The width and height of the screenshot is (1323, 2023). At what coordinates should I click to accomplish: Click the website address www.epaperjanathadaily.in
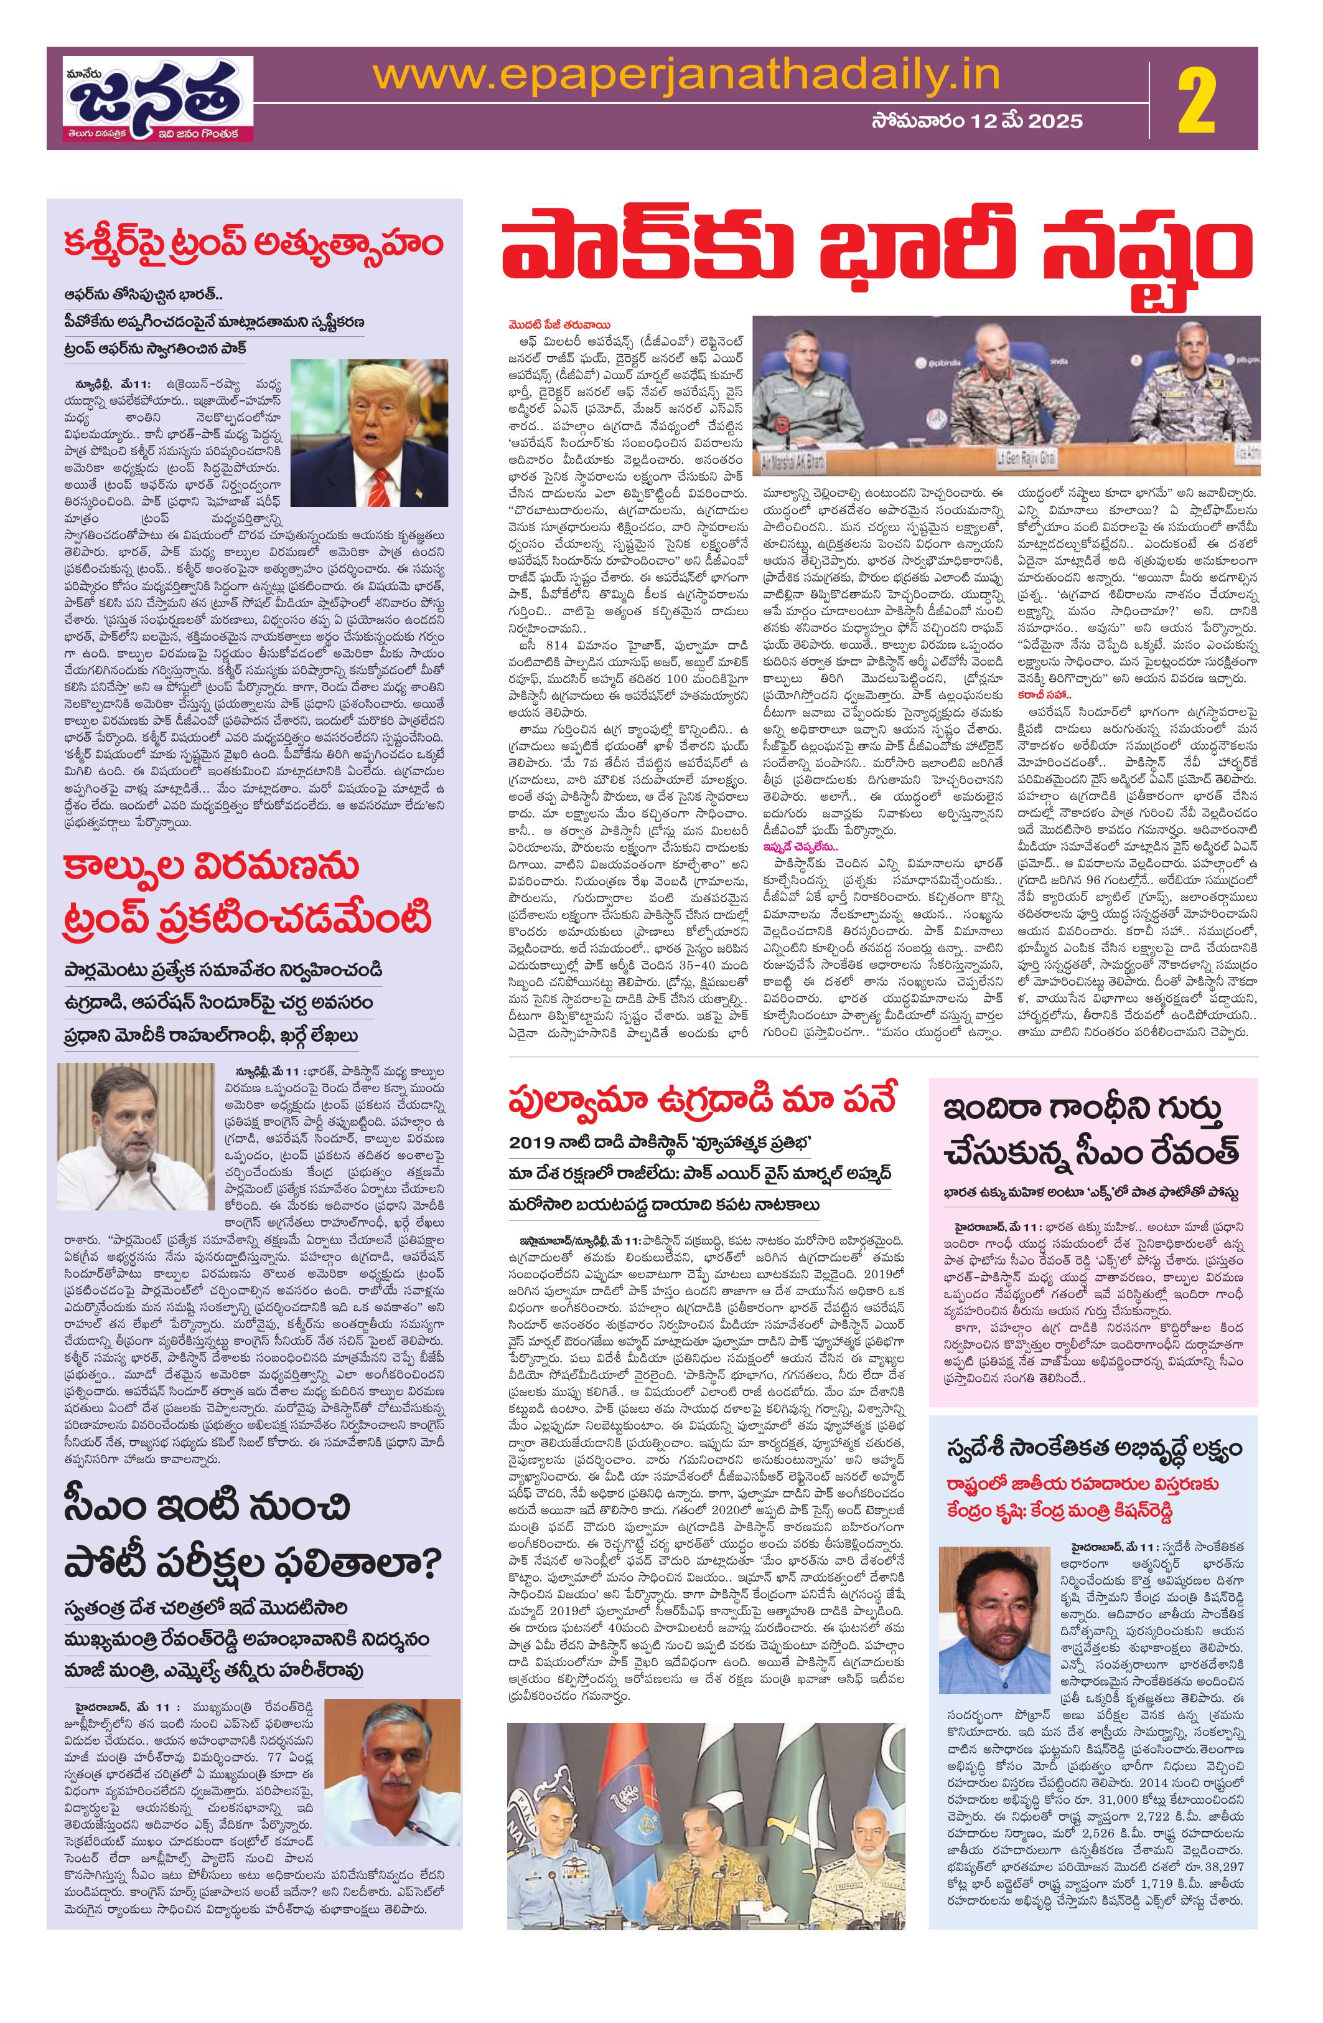point(686,75)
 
